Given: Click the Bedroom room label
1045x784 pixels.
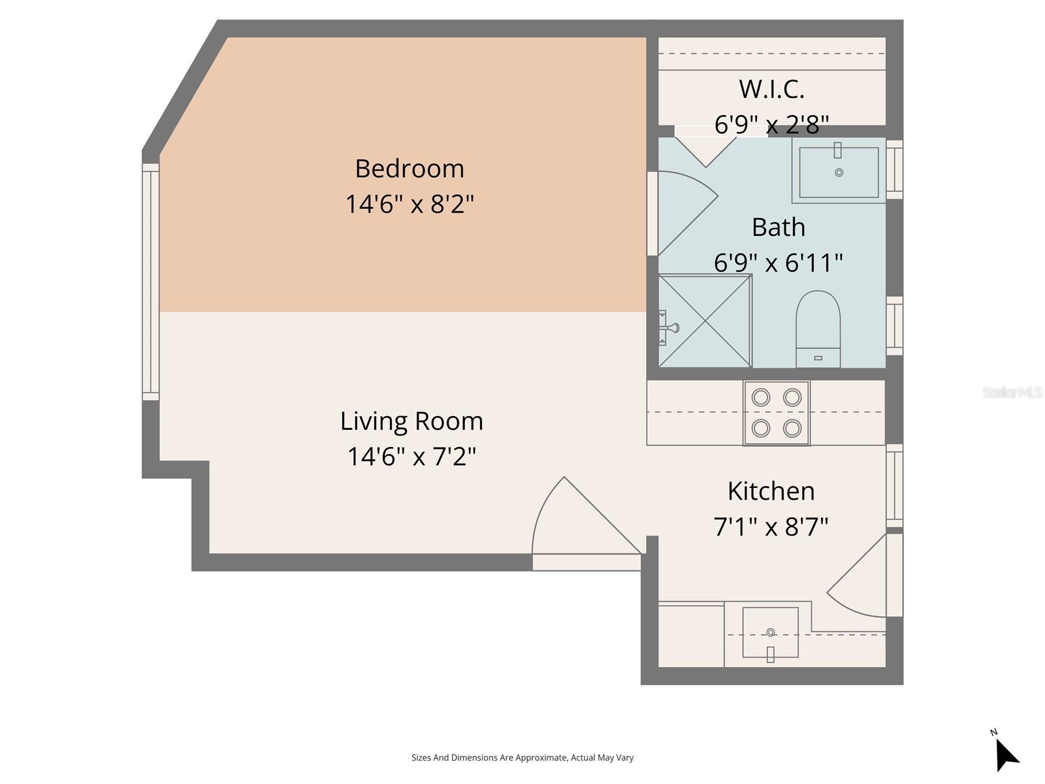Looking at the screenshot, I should point(410,169).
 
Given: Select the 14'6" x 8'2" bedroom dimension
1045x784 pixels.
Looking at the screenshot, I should point(410,204).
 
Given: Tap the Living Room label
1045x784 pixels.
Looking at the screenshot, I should point(411,421).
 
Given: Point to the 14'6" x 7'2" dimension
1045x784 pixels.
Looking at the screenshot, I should point(411,456).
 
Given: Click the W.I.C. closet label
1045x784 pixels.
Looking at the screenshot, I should point(771,89).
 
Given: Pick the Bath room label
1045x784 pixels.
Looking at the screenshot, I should point(778,227).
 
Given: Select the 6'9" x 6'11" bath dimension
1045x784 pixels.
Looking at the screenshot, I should point(778,263).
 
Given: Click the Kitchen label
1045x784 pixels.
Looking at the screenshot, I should point(771,491).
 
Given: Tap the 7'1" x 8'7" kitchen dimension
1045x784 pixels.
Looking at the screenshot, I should point(771,526).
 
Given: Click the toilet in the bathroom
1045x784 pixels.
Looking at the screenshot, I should point(818,327).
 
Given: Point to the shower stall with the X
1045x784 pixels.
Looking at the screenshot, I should point(705,321).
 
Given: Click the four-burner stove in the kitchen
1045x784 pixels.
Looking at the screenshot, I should point(776,413).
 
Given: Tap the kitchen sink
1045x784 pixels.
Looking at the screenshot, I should point(770,632).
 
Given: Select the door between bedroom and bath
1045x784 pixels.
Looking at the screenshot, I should point(683,209).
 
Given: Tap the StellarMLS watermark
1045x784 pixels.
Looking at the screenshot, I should point(1012,392).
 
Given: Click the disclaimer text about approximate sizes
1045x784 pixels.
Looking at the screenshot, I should point(522,758).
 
